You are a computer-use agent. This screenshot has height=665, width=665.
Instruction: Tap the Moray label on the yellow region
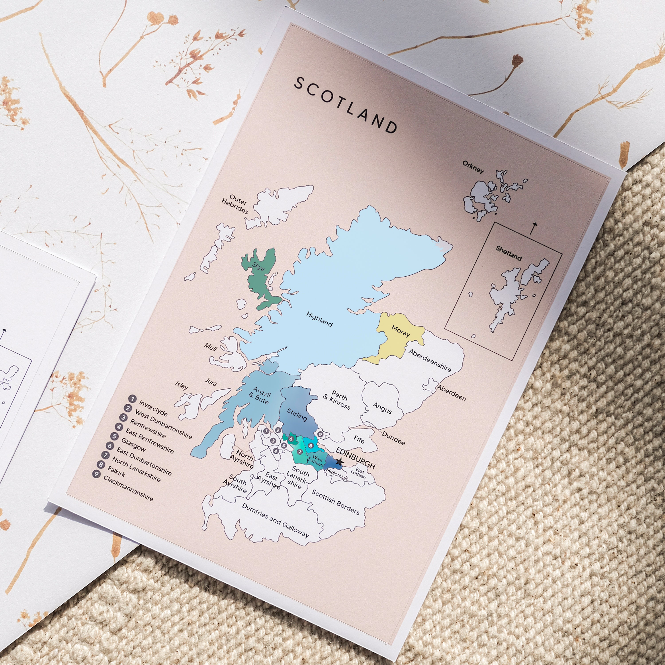401,331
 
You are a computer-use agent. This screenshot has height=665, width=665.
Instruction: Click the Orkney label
473,167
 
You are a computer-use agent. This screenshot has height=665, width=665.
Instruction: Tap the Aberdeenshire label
430,360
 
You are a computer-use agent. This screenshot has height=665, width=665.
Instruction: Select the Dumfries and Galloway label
275,520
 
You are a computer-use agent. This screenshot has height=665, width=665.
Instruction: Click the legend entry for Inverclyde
153,408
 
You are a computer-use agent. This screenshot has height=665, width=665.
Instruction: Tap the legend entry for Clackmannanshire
128,488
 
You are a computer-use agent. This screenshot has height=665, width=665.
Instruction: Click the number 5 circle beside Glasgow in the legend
114,437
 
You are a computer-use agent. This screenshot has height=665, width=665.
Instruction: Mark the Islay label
181,385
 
